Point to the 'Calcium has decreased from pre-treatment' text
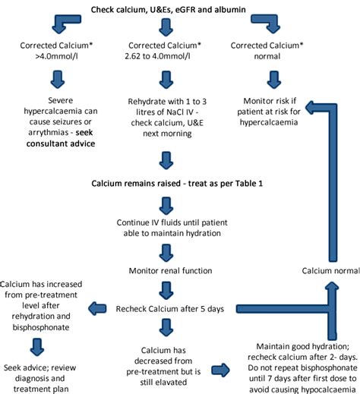(165, 364)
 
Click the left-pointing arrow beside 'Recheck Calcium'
(99, 308)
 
